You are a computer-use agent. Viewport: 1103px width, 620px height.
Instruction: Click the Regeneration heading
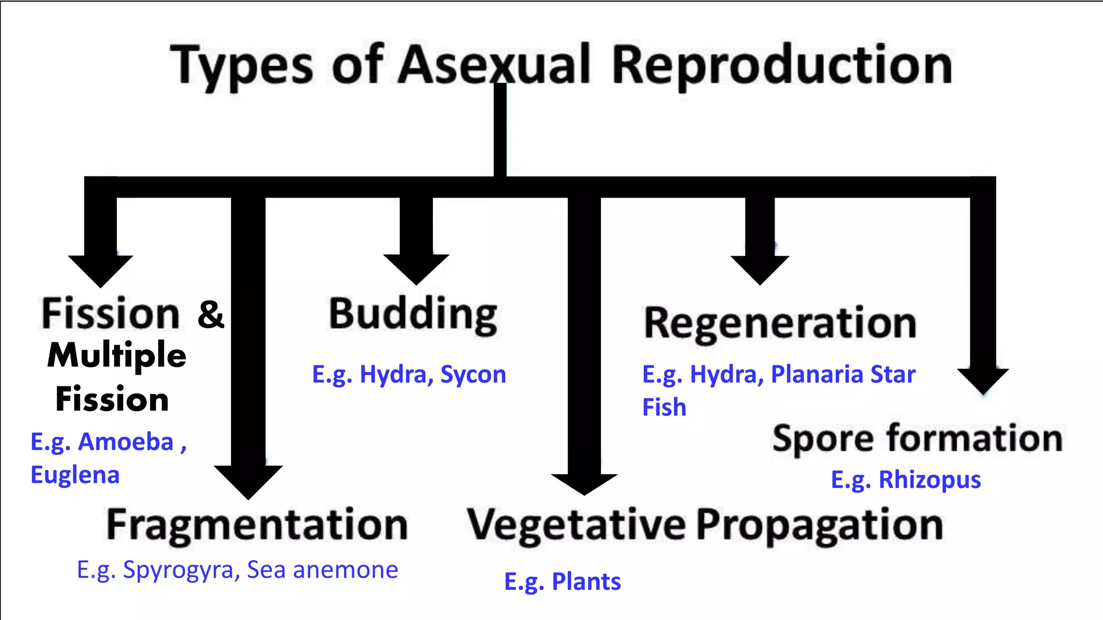(780, 323)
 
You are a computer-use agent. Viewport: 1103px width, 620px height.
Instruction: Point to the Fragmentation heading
(257, 525)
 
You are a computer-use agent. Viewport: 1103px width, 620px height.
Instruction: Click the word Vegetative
(576, 525)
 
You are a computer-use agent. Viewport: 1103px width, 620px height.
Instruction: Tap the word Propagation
(819, 525)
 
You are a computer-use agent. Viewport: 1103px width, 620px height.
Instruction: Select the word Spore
(822, 439)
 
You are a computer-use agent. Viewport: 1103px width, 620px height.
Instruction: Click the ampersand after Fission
(211, 314)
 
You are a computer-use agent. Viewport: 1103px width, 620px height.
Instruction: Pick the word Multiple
(117, 356)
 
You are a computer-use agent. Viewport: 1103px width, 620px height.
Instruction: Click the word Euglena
(75, 475)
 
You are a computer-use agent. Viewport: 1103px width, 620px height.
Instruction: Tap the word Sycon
(473, 375)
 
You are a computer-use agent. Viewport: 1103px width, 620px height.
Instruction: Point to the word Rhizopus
(930, 480)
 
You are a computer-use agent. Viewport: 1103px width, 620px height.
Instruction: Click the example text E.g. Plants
(562, 582)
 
